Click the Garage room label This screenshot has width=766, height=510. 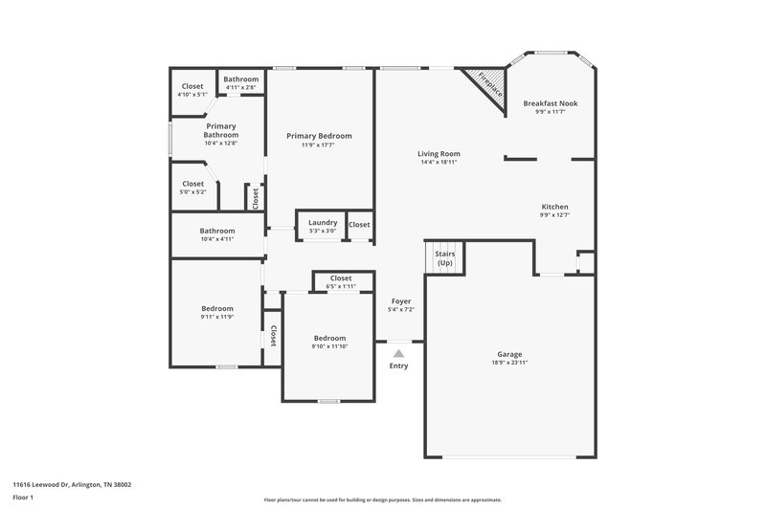click(x=508, y=354)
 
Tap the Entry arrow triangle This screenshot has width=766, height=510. click(x=398, y=353)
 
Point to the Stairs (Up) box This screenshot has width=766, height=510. click(x=444, y=258)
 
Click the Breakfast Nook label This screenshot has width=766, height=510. click(x=550, y=103)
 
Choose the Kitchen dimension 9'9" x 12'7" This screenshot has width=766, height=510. click(x=554, y=216)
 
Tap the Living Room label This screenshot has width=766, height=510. click(x=439, y=154)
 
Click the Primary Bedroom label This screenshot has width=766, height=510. click(x=319, y=136)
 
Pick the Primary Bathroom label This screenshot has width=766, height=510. click(x=221, y=130)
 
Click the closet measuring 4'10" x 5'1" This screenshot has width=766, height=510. click(x=192, y=90)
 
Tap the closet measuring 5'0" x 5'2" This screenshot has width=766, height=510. click(x=192, y=188)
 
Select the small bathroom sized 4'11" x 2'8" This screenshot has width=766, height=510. click(x=241, y=83)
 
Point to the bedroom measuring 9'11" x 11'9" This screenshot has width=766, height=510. click(x=217, y=312)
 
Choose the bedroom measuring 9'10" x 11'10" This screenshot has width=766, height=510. click(x=330, y=343)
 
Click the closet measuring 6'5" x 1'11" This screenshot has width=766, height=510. click(x=341, y=282)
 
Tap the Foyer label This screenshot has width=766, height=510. click(x=400, y=304)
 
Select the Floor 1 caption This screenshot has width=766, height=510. click(x=23, y=499)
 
